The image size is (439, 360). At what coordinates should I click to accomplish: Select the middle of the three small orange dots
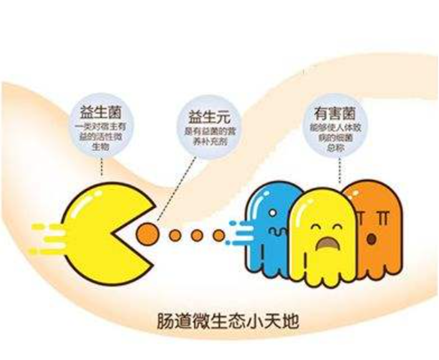pos(197,236)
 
